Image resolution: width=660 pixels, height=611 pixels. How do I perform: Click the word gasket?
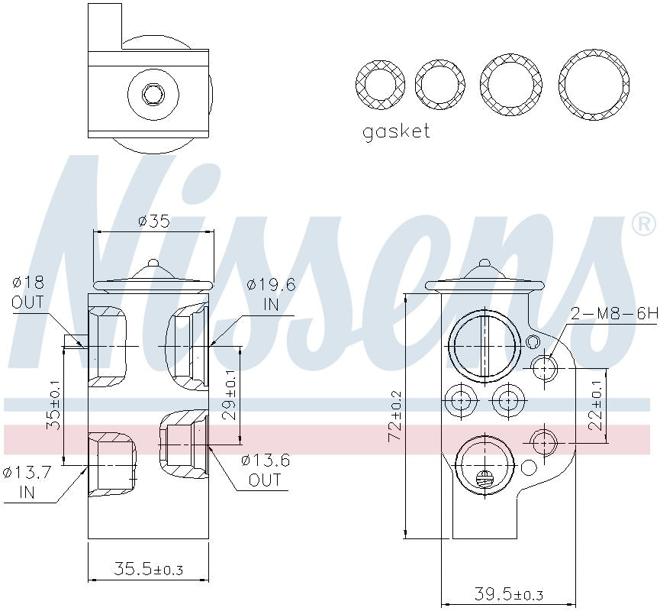pos(396,131)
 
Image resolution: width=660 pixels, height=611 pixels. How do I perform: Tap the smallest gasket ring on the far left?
pos(380,82)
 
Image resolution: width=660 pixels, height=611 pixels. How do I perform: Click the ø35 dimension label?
pos(153,221)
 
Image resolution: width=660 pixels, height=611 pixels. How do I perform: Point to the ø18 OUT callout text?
pos(27,292)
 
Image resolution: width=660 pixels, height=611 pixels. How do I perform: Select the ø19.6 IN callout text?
pos(271,295)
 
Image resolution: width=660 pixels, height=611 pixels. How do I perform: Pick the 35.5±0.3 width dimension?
pos(149,569)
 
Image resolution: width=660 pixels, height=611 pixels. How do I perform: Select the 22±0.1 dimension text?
pos(596,406)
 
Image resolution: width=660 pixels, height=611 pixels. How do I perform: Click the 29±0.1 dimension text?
pos(230,396)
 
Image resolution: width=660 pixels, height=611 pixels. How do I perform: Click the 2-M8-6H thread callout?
pos(603,313)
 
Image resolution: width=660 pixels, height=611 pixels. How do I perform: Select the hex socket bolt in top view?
pos(153,95)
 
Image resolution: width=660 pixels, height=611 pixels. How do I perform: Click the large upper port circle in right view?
pos(484,345)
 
